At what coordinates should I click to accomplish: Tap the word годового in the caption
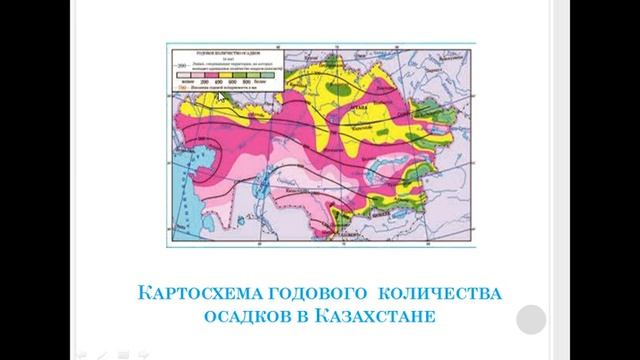[307, 295]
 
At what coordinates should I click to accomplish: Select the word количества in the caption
[439, 295]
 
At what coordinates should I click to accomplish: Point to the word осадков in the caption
[246, 321]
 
